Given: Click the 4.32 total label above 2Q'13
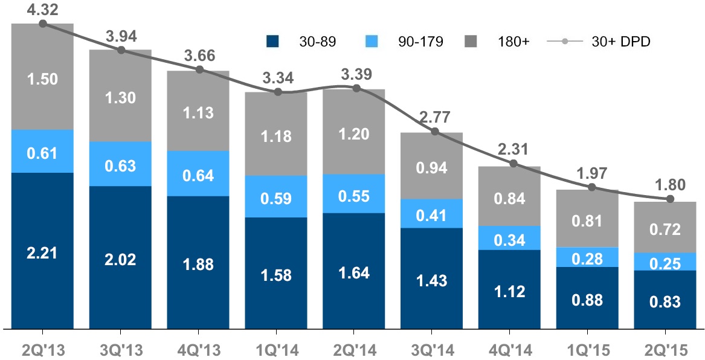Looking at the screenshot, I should coord(42,8).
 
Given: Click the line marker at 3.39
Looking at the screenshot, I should coord(356,88).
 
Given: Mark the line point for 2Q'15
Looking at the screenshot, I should coord(669,199).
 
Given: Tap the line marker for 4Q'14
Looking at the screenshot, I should coord(513,164).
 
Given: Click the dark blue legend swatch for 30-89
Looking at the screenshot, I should coord(273,42).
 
